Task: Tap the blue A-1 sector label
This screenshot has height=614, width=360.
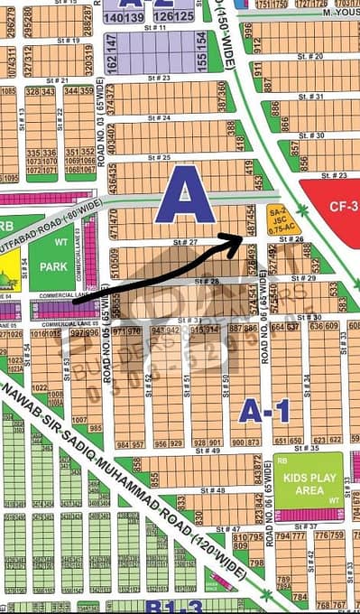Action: point(263,412)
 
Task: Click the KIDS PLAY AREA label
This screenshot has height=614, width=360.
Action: point(309,491)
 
